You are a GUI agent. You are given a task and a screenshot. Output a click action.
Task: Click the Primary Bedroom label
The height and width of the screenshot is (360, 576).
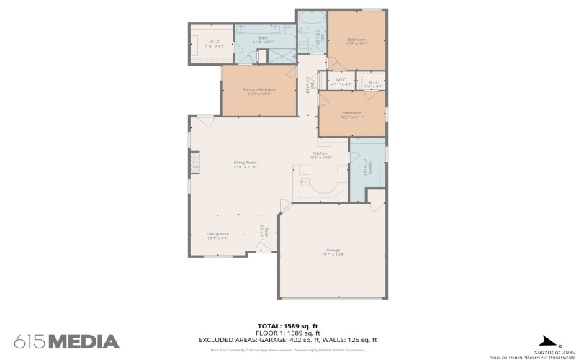coord(259,91)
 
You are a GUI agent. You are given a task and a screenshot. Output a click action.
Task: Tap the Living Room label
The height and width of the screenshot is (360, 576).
coord(245,165)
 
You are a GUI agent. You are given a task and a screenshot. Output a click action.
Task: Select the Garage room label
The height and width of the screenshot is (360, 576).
coord(332,252)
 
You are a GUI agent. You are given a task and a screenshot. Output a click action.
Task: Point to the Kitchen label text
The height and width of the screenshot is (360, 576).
coord(320,156)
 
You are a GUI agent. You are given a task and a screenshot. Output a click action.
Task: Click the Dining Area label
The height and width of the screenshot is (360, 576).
coord(217,235)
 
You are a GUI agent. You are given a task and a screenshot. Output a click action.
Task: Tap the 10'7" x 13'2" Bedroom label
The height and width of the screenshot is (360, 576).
coord(357,41)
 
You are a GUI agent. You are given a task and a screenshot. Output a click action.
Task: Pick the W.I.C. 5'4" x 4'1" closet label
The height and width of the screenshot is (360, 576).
coord(372,84)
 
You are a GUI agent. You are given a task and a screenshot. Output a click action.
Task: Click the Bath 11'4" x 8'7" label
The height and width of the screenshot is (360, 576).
coord(263,40)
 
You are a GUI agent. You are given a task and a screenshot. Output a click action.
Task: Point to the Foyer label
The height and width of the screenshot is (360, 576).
coord(265,233)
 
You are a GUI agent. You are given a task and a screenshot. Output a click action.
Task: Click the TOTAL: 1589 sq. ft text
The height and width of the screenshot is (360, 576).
coord(288,326)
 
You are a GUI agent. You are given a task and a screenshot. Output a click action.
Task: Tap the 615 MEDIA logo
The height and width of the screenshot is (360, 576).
coord(66,341)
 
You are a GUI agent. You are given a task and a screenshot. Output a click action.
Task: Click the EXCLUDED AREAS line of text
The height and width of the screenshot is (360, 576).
coord(288,339)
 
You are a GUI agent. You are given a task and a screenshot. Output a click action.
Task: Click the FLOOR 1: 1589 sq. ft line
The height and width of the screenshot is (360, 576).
coord(288,333)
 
